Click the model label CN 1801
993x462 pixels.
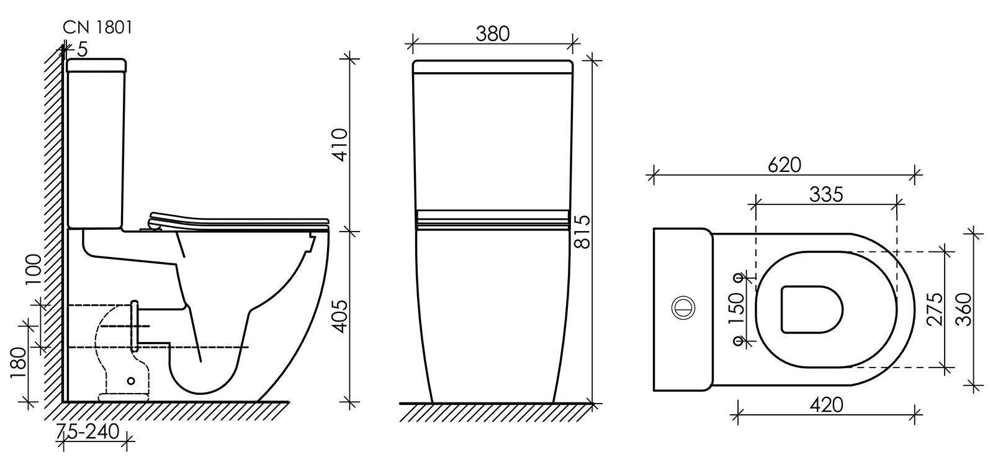[97, 27]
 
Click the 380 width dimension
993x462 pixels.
[493, 34]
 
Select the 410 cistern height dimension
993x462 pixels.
[341, 145]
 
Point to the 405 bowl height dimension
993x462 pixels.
[341, 316]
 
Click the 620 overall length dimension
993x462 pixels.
[784, 165]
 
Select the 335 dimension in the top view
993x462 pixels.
[826, 194]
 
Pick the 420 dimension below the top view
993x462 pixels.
[826, 405]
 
